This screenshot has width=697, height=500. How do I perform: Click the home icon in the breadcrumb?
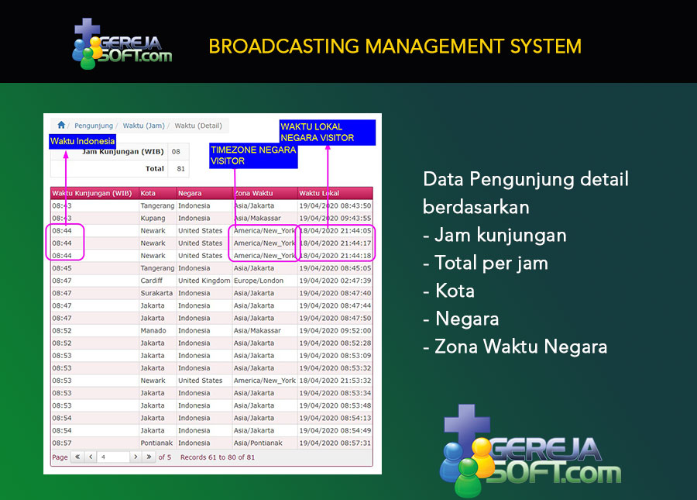[x=61, y=125]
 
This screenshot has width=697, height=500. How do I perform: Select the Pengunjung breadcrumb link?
[x=94, y=126]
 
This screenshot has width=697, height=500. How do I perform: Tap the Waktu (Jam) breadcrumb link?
[x=143, y=126]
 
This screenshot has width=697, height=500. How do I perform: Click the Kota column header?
[x=148, y=193]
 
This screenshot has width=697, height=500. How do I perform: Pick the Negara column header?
[x=190, y=193]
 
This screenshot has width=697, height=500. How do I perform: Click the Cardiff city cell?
[x=152, y=281]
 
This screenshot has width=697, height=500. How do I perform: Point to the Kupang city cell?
[x=153, y=219]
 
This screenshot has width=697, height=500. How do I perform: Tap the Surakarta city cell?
[x=156, y=293]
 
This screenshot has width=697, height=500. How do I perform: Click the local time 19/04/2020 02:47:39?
[x=335, y=281]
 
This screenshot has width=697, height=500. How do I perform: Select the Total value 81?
[x=180, y=168]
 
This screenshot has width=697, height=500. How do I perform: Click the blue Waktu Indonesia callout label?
[x=83, y=141]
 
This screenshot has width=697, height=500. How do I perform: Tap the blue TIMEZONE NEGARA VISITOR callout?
[x=253, y=156]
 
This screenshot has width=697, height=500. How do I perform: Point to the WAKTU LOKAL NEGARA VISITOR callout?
[x=328, y=133]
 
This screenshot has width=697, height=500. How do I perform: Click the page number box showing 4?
[x=114, y=457]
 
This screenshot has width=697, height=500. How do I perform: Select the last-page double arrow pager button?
[x=149, y=457]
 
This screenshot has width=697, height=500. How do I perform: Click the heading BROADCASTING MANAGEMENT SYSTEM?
[x=395, y=47]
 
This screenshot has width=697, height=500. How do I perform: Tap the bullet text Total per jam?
[x=491, y=263]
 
